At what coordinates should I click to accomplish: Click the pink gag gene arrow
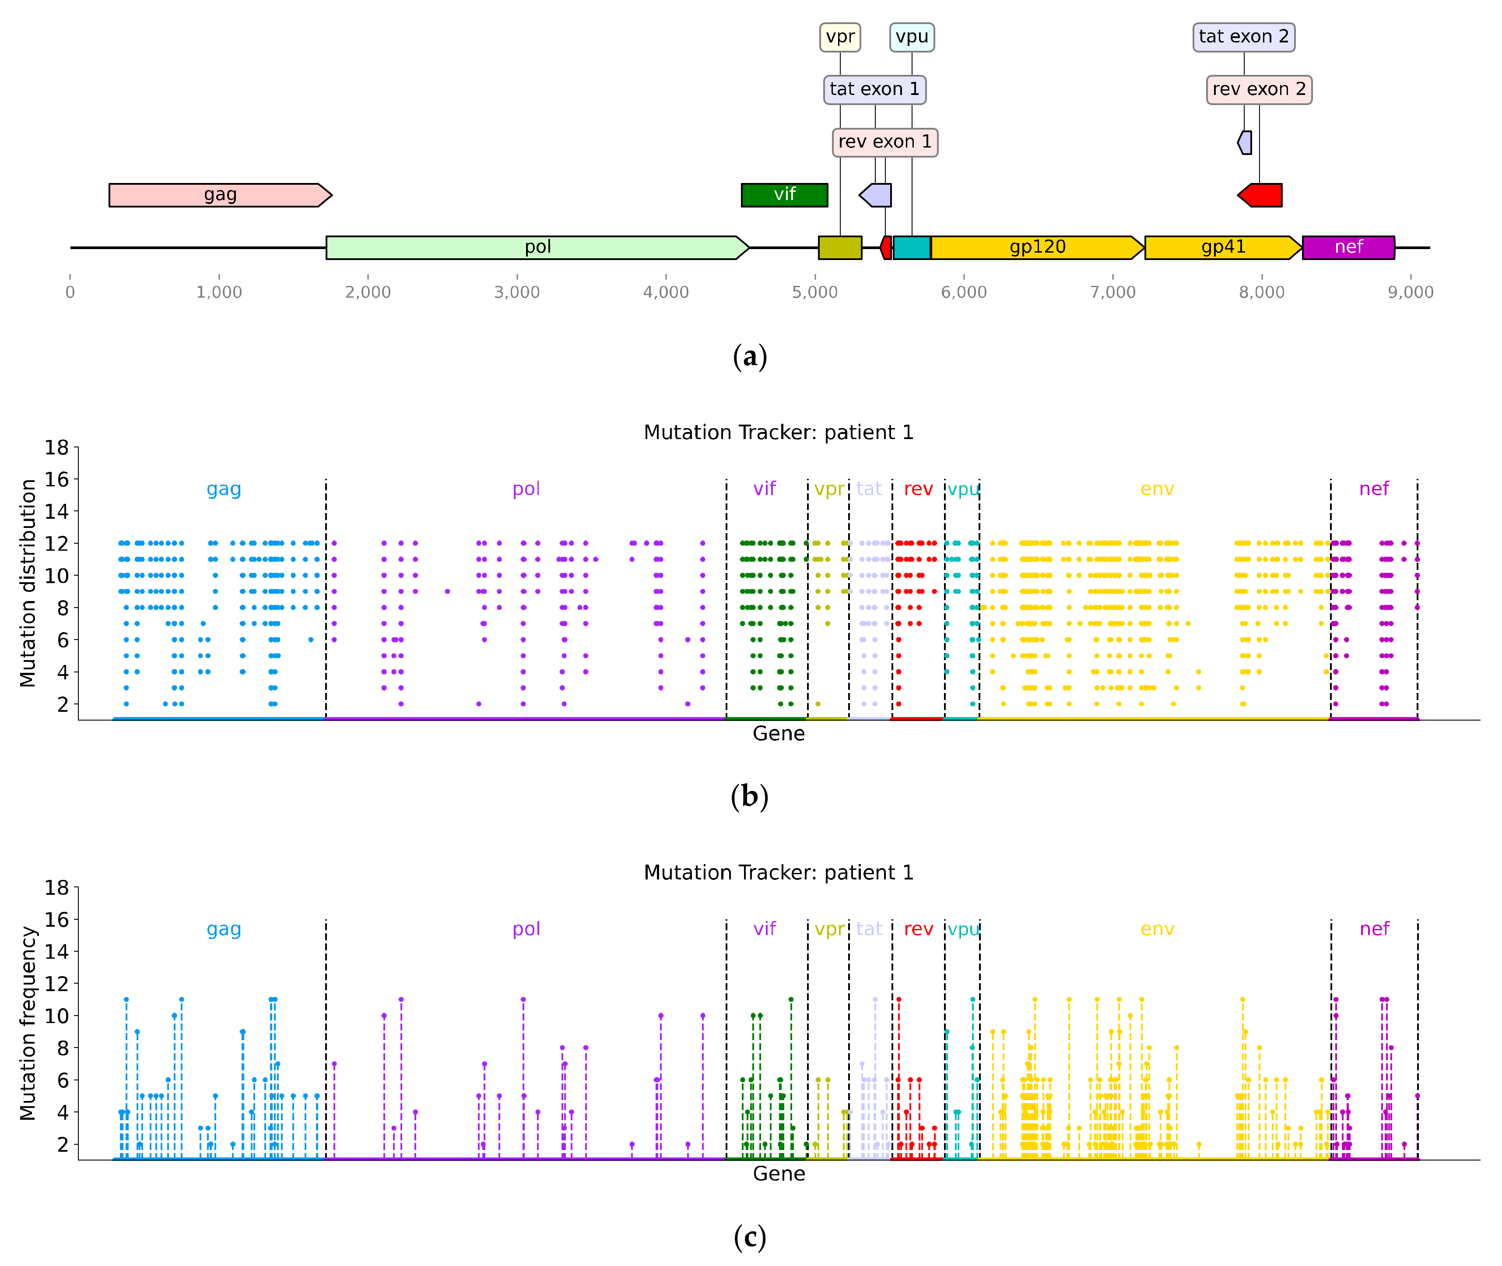click(220, 195)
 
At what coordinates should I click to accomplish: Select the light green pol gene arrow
click(537, 248)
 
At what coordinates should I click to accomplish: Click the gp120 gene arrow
click(1036, 248)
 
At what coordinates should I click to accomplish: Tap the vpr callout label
click(840, 37)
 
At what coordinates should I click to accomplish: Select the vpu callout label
click(911, 37)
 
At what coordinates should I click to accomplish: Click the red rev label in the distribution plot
click(918, 489)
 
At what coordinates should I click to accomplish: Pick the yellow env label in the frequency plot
click(1157, 929)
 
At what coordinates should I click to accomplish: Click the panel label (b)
click(749, 797)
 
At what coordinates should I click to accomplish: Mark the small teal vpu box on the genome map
click(911, 248)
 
